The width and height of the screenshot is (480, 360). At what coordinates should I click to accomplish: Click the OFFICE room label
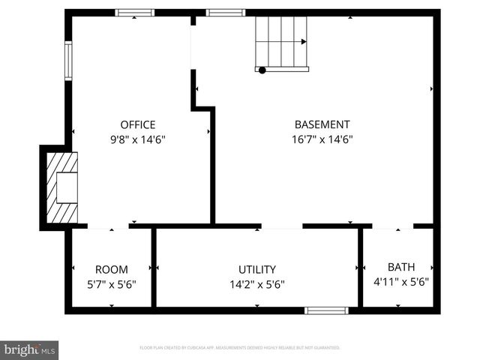pos(138,124)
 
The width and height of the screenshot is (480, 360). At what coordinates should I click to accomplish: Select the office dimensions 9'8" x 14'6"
pos(138,139)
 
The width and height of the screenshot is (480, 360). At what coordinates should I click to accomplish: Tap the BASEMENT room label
pos(322,124)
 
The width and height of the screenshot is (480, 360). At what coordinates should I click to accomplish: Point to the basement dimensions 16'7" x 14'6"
pos(322,139)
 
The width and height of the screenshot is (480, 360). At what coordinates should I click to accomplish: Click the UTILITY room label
pos(257,269)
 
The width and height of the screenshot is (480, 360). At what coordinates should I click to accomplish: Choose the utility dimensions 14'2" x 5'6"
pos(257,284)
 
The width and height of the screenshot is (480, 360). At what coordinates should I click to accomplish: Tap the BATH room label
pos(400,267)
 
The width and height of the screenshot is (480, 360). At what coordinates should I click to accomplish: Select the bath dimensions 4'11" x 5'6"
pos(400,282)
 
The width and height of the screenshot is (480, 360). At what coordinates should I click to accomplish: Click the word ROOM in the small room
pos(111,269)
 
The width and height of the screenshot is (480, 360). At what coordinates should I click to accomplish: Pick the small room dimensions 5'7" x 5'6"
pos(111,284)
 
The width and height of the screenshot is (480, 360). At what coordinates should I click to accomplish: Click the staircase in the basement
pos(281,42)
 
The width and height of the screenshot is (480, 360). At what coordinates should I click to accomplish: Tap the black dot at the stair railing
pos(262,70)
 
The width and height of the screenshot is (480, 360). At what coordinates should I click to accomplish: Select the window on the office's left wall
pos(68,60)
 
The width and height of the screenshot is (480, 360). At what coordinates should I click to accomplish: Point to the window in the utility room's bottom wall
pos(326,310)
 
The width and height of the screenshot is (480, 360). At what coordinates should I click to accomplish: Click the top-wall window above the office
pos(135,13)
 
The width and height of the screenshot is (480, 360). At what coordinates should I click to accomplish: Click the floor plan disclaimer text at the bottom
pos(240,348)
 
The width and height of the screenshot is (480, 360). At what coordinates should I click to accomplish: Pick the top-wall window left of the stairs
pos(225,13)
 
